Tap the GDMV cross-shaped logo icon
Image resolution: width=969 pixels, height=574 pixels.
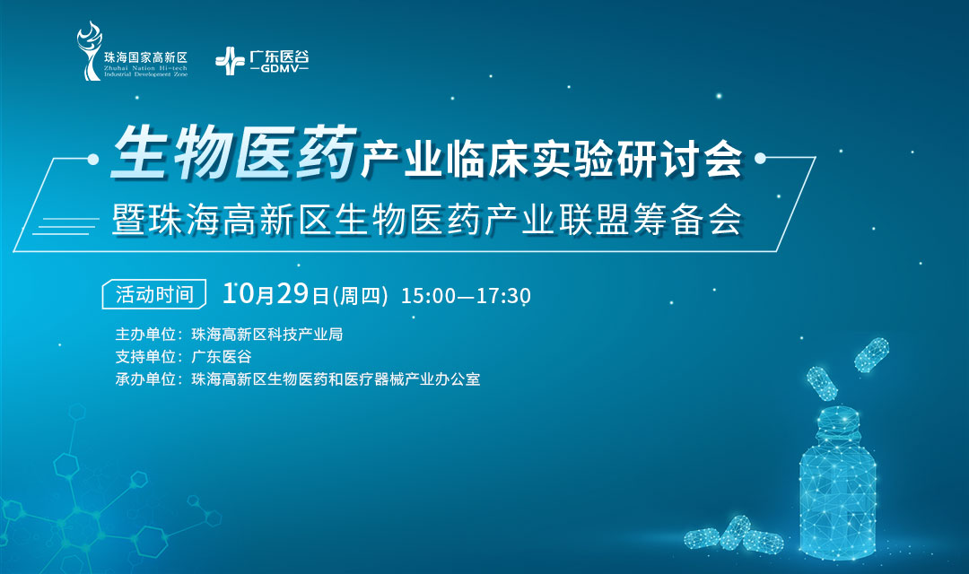pyautogui.click(x=230, y=60)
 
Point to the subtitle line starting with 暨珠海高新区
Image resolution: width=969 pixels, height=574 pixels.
pyautogui.click(x=427, y=218)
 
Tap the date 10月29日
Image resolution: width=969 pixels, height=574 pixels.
pyautogui.click(x=276, y=293)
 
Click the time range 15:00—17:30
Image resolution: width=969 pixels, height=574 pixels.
pyautogui.click(x=466, y=295)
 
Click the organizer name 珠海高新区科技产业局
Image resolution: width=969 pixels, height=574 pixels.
pyautogui.click(x=267, y=335)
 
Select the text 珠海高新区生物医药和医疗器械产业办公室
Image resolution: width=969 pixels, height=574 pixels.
pyautogui.click(x=336, y=379)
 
